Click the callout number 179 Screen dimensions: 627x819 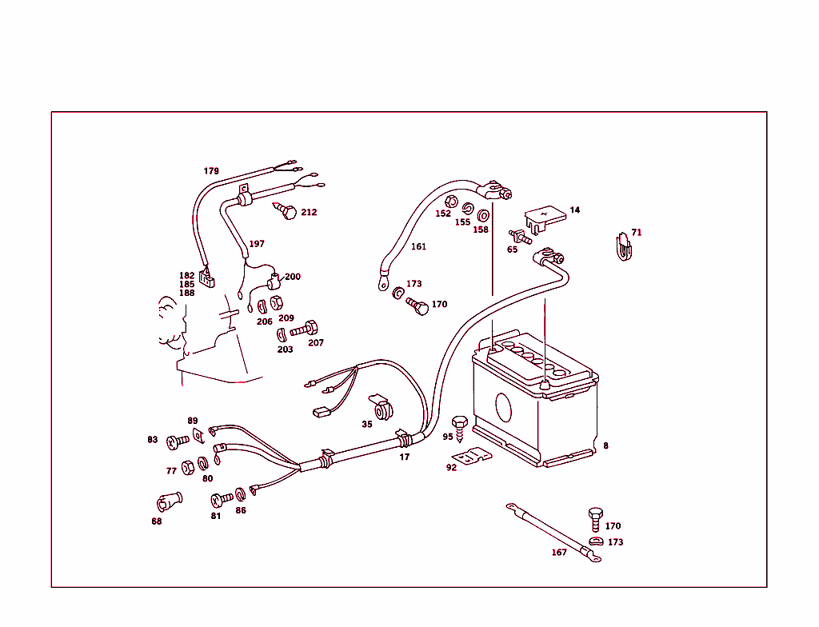[211, 171]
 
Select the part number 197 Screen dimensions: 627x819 [256, 244]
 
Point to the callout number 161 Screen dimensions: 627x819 [418, 246]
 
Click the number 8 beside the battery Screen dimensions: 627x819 [605, 445]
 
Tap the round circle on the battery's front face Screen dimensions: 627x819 [503, 405]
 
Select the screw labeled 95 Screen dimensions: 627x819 [460, 425]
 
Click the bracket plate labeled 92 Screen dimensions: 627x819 [472, 456]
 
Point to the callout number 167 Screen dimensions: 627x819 [559, 553]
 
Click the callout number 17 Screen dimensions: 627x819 [405, 457]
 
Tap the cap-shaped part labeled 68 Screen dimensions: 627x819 [168, 501]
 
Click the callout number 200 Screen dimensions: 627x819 [293, 277]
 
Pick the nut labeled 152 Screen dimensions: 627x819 [449, 202]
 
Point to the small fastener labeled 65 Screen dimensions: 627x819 [520, 237]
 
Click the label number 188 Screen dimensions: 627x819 [186, 293]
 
